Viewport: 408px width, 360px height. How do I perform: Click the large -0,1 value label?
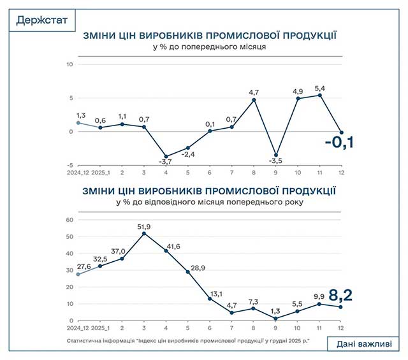point(339,141)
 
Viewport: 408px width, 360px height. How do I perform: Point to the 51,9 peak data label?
point(144,226)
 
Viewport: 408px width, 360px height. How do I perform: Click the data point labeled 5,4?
point(319,96)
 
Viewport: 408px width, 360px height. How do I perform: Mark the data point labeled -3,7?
point(166,156)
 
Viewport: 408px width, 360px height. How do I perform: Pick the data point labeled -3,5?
point(276,155)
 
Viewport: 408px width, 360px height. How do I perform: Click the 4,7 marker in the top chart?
point(254,99)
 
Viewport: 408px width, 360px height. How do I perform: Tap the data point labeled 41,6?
point(166,251)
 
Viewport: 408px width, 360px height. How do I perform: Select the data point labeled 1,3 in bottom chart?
point(276,319)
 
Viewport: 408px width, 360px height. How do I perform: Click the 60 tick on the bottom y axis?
point(70,220)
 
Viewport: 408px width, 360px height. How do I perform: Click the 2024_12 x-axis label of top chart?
point(78,172)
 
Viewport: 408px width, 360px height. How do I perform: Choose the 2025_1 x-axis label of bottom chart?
point(100,329)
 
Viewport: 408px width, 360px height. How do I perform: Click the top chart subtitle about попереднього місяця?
point(209,47)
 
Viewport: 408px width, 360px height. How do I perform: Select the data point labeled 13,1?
point(210,299)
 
